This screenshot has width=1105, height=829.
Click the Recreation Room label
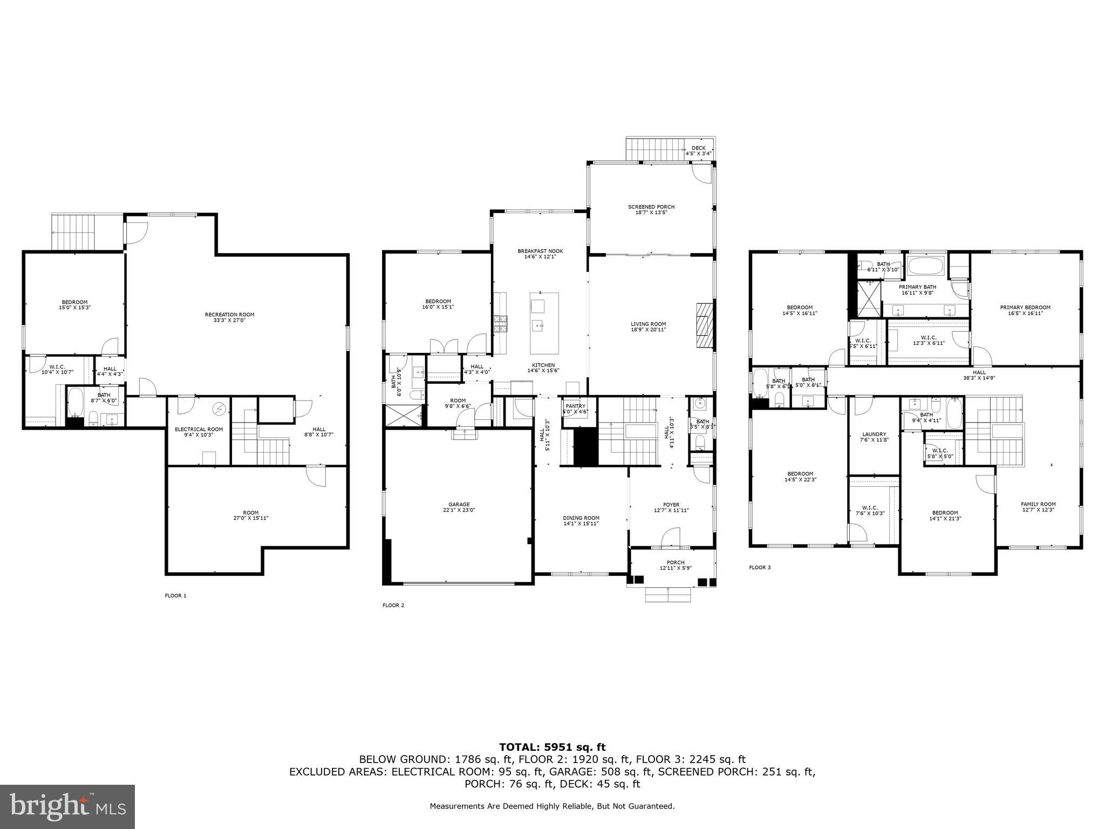click(229, 317)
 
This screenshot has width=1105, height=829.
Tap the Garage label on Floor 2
click(459, 507)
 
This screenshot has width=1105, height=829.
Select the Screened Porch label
click(651, 209)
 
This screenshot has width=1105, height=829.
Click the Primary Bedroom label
click(1025, 310)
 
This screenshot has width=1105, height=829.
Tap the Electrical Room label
click(199, 432)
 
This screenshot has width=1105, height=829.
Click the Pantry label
click(575, 409)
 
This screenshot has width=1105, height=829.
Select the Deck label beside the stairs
click(699, 151)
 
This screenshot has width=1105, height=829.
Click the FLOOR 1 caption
click(175, 596)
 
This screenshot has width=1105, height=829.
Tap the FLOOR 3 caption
click(760, 567)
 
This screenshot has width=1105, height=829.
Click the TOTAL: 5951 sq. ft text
click(552, 747)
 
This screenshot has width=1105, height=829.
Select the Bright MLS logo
click(67, 807)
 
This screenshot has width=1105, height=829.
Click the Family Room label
click(1038, 507)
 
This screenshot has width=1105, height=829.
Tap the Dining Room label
click(581, 520)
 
